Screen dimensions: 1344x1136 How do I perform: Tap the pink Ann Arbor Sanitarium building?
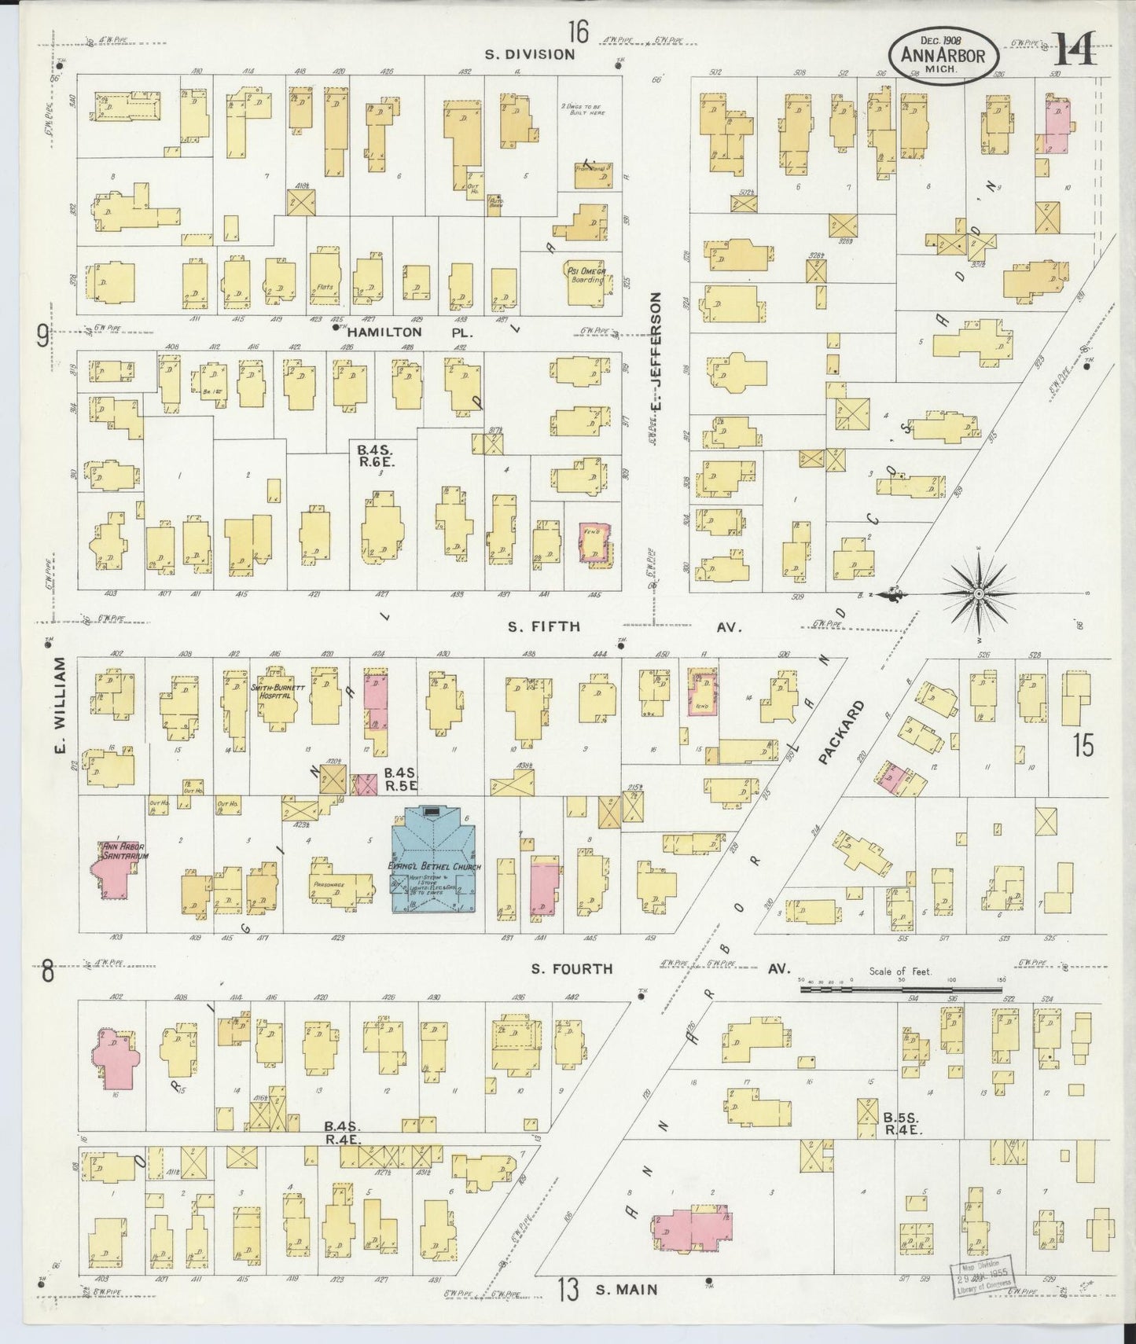click(113, 871)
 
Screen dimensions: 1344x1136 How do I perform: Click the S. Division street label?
click(529, 54)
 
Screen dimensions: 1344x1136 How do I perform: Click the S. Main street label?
click(626, 1289)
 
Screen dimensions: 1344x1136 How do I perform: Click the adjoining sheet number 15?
click(1083, 745)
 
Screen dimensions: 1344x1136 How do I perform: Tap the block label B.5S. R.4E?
click(901, 1124)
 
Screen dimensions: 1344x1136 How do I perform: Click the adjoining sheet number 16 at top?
click(578, 32)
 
